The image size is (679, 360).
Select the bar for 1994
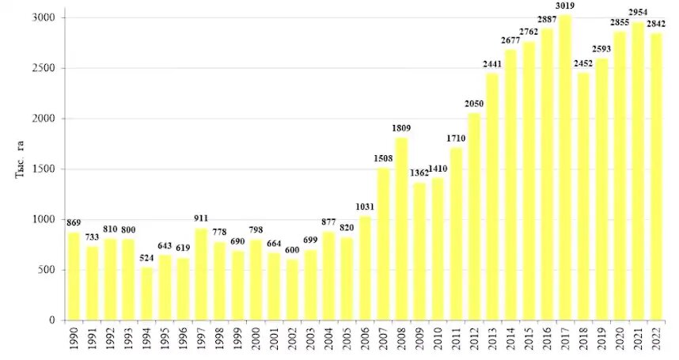click(147, 294)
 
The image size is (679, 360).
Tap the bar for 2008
click(401, 229)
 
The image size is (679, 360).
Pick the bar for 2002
click(292, 290)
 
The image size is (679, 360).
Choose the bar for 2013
click(492, 197)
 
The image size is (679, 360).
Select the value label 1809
click(401, 128)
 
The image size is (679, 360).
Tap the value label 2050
click(475, 104)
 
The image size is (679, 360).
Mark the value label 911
click(201, 220)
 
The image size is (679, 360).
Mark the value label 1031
click(365, 208)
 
